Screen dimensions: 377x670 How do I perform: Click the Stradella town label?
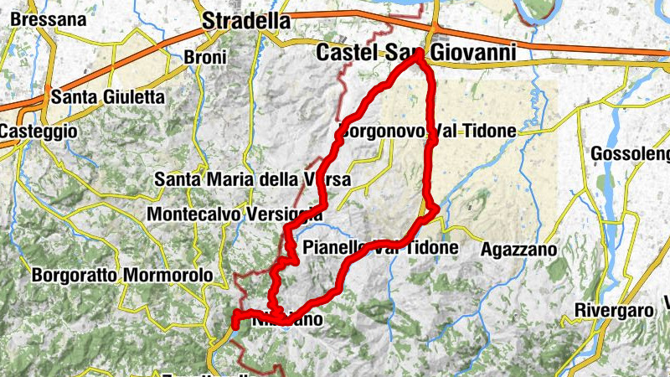[x=246, y=21]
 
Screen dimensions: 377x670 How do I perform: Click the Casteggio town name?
[x=38, y=132]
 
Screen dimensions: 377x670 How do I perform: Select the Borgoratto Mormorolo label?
[x=121, y=275]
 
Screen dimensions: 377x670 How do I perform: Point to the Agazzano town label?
[x=519, y=249]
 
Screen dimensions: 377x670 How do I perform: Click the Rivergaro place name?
[x=614, y=310]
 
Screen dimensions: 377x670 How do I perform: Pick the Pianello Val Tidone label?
[x=380, y=248]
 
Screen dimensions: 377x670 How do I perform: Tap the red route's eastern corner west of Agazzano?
[x=437, y=210]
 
